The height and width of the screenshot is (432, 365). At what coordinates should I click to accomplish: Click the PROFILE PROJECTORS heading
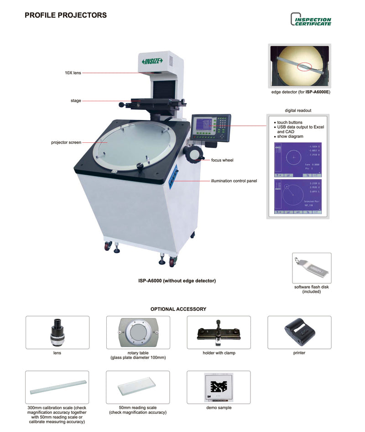click(x=66, y=15)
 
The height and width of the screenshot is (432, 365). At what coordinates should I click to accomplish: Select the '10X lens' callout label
click(x=73, y=73)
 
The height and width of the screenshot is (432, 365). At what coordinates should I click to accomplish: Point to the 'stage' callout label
click(x=76, y=100)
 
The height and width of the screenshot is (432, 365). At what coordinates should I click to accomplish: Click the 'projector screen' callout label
click(x=66, y=142)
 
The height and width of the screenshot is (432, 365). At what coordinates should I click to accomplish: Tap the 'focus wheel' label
click(x=222, y=160)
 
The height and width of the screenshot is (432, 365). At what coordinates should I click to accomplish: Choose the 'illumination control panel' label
click(x=234, y=181)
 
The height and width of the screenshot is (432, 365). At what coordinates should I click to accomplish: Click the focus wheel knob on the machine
click(x=194, y=153)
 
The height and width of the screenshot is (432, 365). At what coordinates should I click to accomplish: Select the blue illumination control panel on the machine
click(x=173, y=177)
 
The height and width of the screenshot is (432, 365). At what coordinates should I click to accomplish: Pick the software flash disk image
click(x=312, y=268)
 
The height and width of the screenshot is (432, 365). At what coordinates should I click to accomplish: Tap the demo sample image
click(x=219, y=387)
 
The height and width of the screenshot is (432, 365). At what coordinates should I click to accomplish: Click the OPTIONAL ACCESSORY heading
click(x=178, y=309)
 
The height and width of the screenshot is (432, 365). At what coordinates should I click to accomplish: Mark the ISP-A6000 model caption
click(x=177, y=281)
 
